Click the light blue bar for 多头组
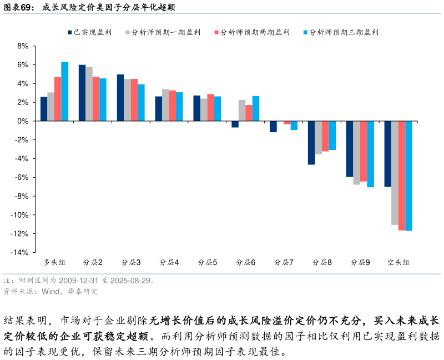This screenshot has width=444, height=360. click(x=64, y=91)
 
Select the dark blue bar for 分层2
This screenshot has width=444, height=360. click(x=82, y=93)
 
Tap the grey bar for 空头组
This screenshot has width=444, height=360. click(x=395, y=173)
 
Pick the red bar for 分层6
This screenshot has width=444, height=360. click(x=249, y=113)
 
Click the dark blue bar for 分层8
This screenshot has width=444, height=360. click(x=311, y=143)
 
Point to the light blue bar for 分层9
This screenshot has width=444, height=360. click(x=370, y=154)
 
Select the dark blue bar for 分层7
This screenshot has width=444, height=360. click(x=273, y=127)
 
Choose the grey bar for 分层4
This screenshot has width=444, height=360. click(x=165, y=105)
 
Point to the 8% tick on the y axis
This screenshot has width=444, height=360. click(x=22, y=46)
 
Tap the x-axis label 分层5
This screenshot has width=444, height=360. click(x=208, y=262)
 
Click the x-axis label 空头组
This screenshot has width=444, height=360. click(x=398, y=262)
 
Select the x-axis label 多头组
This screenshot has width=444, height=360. click(x=54, y=262)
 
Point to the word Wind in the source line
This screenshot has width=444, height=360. click(x=52, y=291)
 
